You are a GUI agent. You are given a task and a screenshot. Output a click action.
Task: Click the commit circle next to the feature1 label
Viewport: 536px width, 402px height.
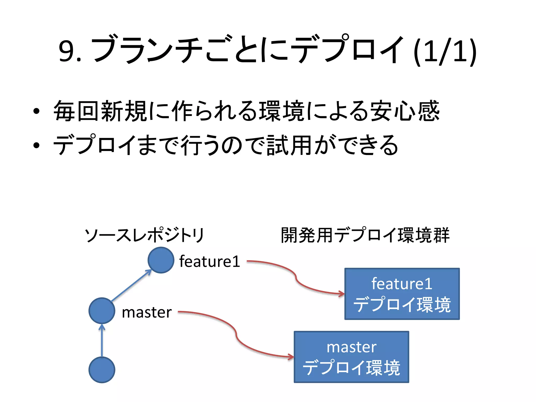point(161,260)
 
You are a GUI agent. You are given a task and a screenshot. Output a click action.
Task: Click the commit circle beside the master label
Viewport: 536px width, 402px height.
point(102,311)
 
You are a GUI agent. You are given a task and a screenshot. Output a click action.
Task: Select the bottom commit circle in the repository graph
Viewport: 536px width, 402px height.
point(102,370)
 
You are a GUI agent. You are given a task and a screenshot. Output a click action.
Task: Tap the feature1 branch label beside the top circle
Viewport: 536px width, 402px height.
point(210,261)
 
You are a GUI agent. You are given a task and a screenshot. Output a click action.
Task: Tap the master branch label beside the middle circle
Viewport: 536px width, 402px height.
point(147,312)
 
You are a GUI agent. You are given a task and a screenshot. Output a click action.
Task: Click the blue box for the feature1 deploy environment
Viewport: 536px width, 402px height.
point(402,294)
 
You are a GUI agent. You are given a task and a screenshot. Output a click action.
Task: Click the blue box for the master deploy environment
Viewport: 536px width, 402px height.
point(351,357)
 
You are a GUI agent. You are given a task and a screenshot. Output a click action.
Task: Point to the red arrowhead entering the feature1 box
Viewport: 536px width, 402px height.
point(342,294)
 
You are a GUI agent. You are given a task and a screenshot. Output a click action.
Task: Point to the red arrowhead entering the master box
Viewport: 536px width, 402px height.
point(291,357)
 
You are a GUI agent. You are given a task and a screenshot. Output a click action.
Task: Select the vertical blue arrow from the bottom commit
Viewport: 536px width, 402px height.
point(102,340)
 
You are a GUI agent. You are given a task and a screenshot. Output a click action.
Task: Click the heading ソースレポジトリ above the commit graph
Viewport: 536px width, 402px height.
point(144,235)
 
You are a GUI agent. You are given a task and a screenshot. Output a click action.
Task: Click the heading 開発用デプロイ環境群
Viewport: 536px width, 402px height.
point(365,235)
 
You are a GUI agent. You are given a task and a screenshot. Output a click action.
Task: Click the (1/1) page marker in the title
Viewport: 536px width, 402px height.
point(445,52)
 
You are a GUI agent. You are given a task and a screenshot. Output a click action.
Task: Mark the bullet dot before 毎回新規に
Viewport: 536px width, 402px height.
point(36,111)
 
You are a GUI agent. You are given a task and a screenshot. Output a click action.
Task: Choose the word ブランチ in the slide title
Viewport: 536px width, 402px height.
point(147,50)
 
